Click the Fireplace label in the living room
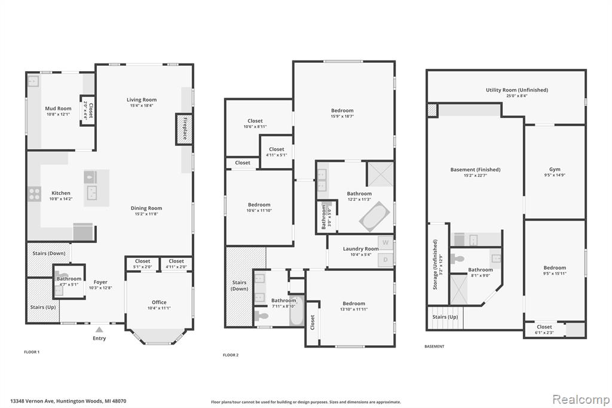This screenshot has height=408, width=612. click(185, 129)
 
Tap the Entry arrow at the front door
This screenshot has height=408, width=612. click(100, 330)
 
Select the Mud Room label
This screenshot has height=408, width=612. click(58, 109)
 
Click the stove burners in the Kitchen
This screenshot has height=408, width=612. click(34, 194)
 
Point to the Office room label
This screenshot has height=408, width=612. click(159, 302)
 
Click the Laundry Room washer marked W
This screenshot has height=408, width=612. click(385, 243)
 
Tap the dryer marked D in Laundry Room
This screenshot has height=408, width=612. click(385, 260)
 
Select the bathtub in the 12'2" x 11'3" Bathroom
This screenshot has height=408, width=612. click(374, 217)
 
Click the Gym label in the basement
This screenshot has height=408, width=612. click(555, 170)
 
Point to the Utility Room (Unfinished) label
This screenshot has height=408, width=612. click(517, 90)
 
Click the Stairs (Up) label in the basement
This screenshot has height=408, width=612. click(445, 317)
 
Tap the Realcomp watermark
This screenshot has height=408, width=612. click(581, 400)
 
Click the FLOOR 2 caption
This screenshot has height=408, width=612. click(230, 355)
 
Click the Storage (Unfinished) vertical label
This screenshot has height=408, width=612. click(435, 264)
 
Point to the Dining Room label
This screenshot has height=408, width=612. click(146, 208)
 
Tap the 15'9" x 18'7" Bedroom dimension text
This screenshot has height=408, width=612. click(342, 117)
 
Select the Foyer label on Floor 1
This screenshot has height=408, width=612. click(100, 282)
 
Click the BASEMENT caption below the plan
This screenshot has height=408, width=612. click(434, 346)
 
